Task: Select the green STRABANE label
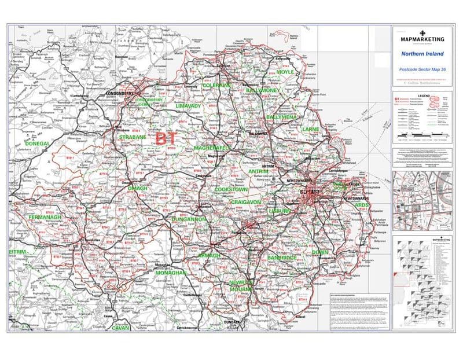128,137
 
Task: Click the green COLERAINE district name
216,85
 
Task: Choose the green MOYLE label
285,72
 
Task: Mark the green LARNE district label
310,130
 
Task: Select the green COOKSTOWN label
231,189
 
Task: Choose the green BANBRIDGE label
282,256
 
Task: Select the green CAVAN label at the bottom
121,328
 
